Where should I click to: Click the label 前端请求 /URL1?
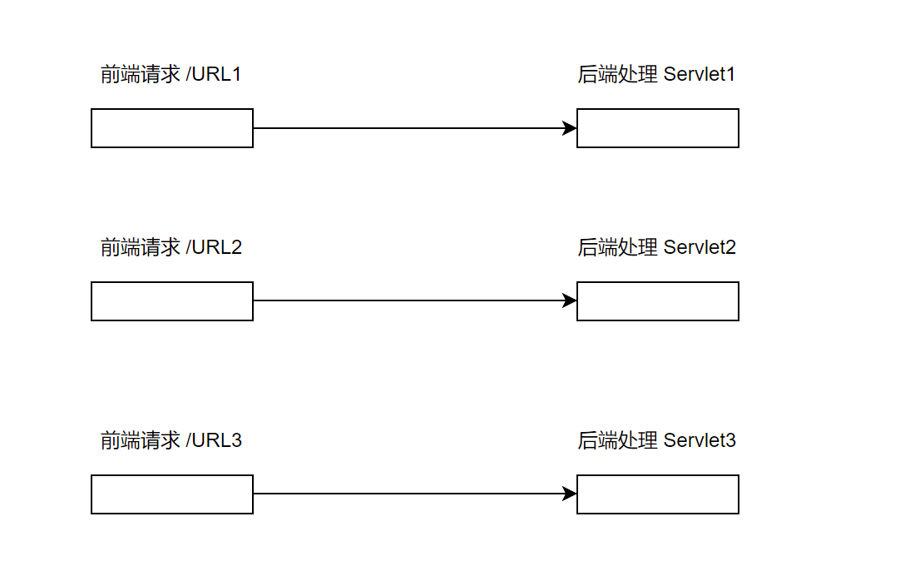[171, 74]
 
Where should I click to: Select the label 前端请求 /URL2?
[171, 247]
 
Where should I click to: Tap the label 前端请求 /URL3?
[171, 440]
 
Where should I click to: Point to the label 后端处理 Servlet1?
[656, 74]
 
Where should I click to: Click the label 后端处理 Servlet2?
[656, 247]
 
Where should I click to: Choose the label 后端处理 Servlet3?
[656, 440]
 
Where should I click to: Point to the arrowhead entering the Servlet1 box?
[571, 128]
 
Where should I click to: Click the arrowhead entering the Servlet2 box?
[571, 300]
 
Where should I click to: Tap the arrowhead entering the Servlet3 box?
[571, 494]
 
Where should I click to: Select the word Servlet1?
[699, 74]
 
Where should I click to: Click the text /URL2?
[214, 247]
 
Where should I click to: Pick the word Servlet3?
[700, 440]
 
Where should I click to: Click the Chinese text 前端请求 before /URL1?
[141, 75]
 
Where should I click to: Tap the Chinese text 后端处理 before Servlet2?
[617, 247]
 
